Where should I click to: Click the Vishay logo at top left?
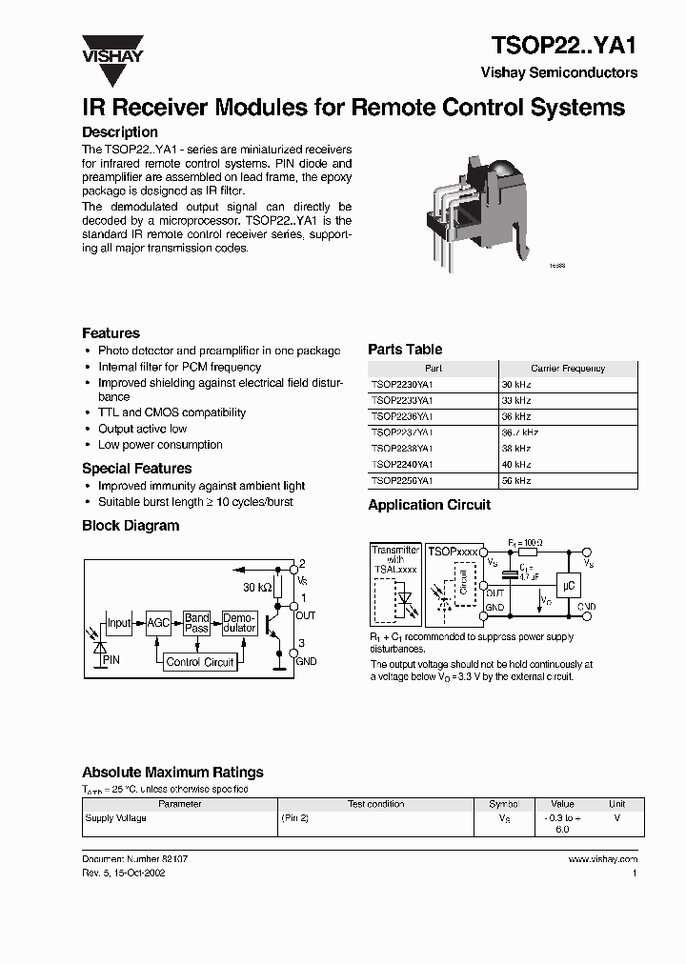pyautogui.click(x=111, y=49)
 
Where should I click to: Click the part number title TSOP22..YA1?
pyautogui.click(x=563, y=46)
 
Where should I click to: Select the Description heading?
pyautogui.click(x=120, y=132)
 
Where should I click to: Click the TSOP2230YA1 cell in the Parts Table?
pyautogui.click(x=402, y=384)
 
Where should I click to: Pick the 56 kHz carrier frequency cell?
pyautogui.click(x=516, y=481)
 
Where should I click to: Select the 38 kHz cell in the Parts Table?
pyautogui.click(x=516, y=449)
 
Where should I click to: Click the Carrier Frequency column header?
pyautogui.click(x=567, y=368)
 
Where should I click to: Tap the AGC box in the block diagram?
pyautogui.click(x=158, y=623)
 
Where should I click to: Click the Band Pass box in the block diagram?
pyautogui.click(x=197, y=623)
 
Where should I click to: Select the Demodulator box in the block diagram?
pyautogui.click(x=239, y=623)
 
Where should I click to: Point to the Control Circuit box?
pyautogui.click(x=200, y=662)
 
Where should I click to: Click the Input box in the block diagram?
pyautogui.click(x=119, y=623)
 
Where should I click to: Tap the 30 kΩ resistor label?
pyautogui.click(x=256, y=587)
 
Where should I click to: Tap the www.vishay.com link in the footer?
pyautogui.click(x=602, y=858)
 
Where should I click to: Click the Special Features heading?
pyautogui.click(x=136, y=469)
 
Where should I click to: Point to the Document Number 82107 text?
pyautogui.click(x=134, y=858)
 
